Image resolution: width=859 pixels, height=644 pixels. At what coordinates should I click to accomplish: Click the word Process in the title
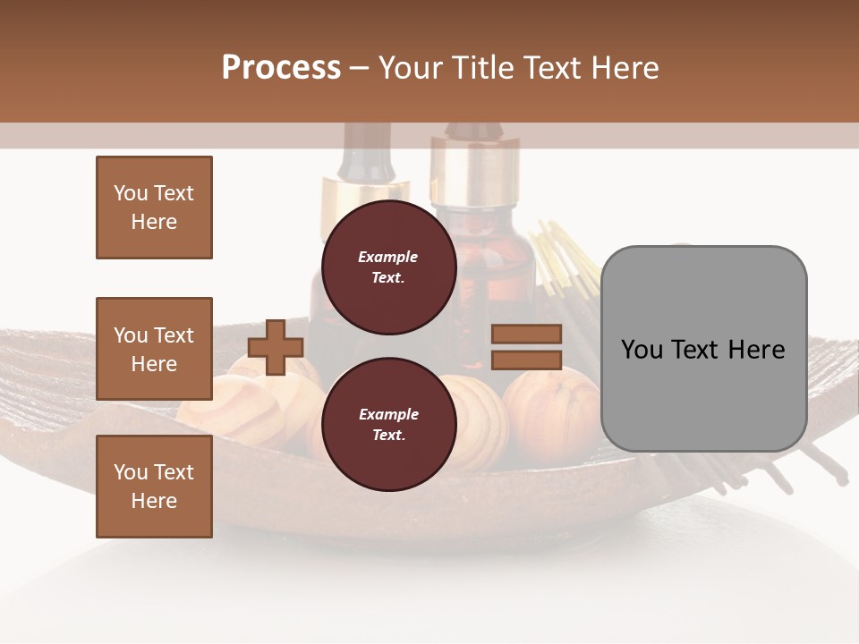[281, 67]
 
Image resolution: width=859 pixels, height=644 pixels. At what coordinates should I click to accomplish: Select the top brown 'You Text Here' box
[154, 208]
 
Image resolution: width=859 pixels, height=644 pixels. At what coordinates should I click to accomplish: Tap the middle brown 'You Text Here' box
[154, 349]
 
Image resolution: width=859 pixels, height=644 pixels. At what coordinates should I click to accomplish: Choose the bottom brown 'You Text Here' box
[154, 486]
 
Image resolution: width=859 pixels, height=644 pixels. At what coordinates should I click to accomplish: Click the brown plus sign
[276, 348]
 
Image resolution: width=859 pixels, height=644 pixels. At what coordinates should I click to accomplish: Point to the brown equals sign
[526, 347]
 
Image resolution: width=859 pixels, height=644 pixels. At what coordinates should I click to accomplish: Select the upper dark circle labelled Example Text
[388, 267]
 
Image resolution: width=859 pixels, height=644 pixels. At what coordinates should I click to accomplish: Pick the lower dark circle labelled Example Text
[388, 424]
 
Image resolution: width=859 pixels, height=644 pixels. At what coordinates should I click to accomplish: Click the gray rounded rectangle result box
[703, 348]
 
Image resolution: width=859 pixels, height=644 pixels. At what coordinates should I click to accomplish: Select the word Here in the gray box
[758, 349]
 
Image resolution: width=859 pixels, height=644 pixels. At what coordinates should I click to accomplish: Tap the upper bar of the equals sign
[526, 335]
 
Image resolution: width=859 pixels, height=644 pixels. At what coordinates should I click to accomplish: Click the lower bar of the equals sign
[526, 360]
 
